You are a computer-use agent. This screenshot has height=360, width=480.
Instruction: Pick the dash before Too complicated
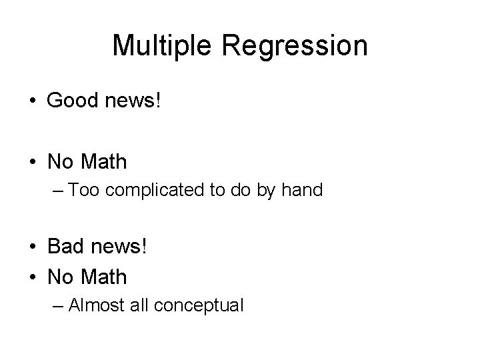tap(57, 191)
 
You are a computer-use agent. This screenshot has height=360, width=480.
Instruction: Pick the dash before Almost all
tap(57, 305)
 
